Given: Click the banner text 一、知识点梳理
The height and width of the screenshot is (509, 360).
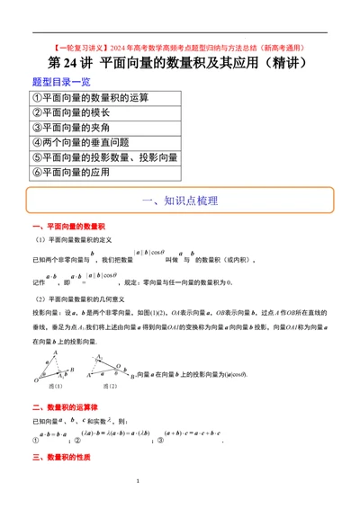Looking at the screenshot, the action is tap(180, 201).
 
